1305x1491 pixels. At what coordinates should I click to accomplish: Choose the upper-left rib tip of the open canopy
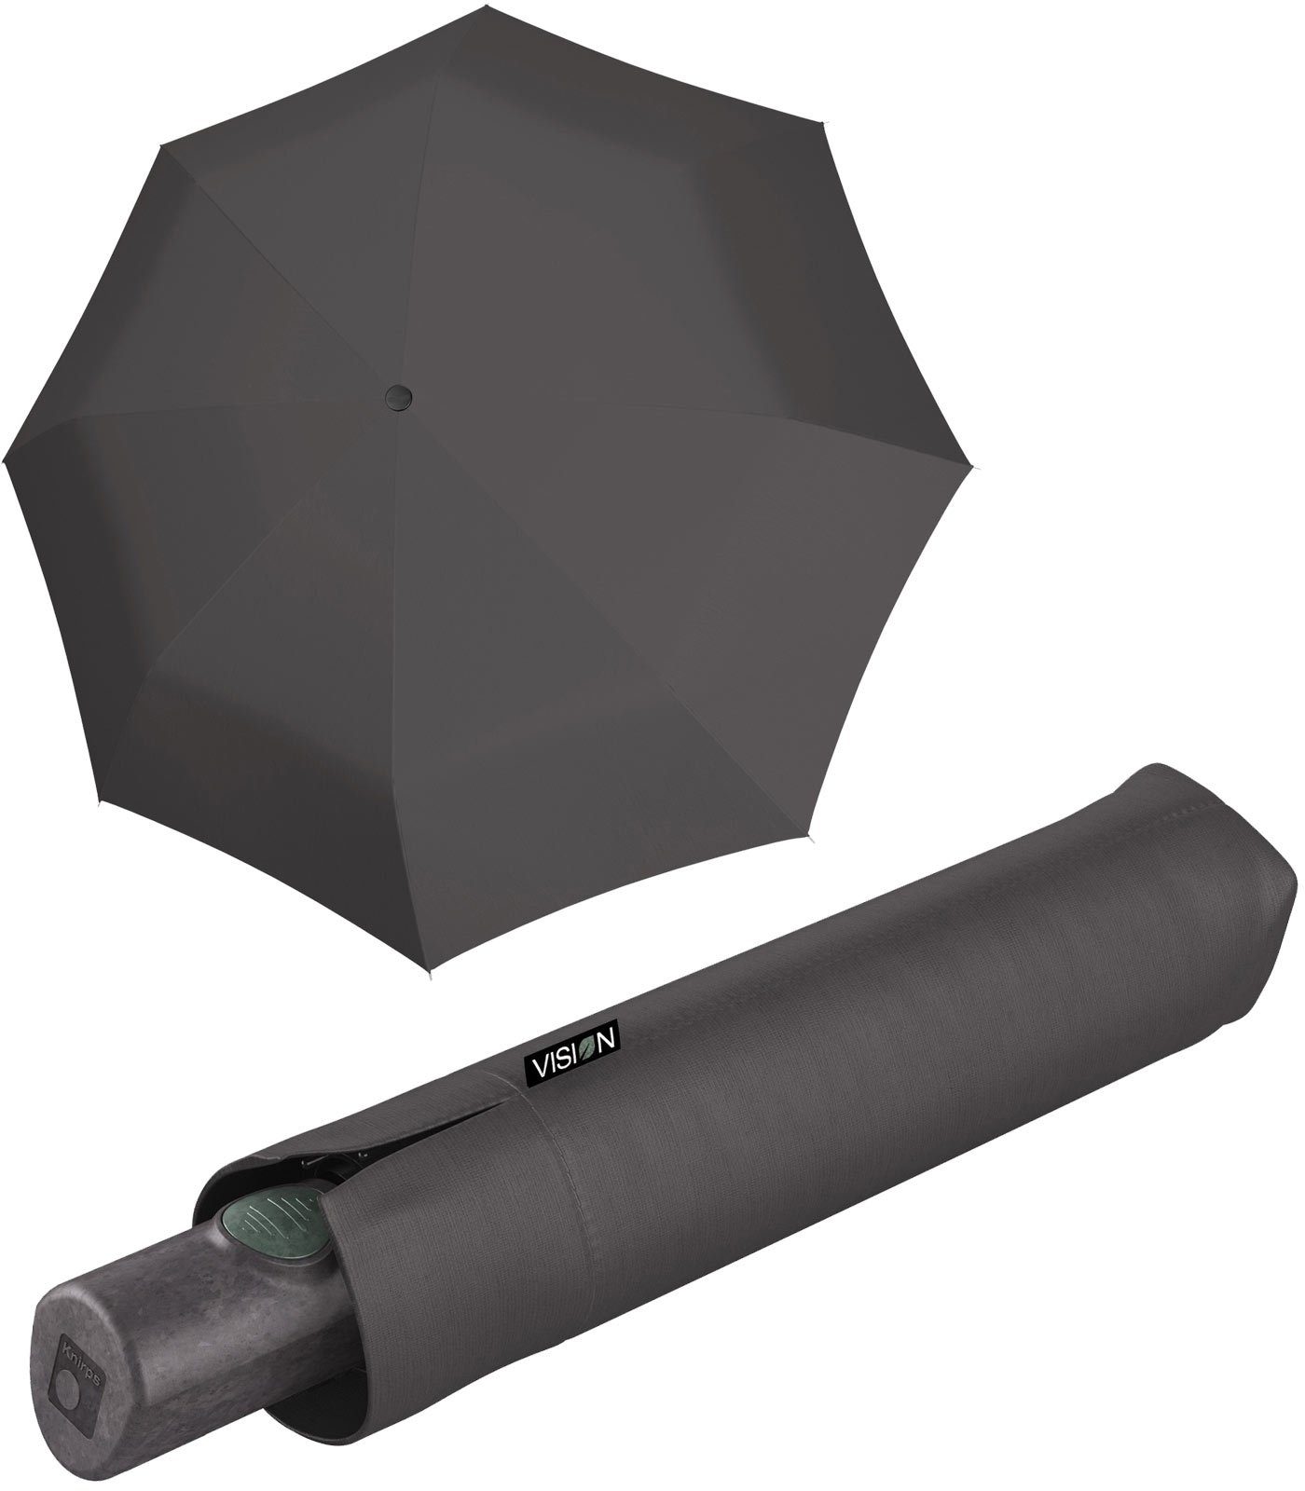160,141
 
